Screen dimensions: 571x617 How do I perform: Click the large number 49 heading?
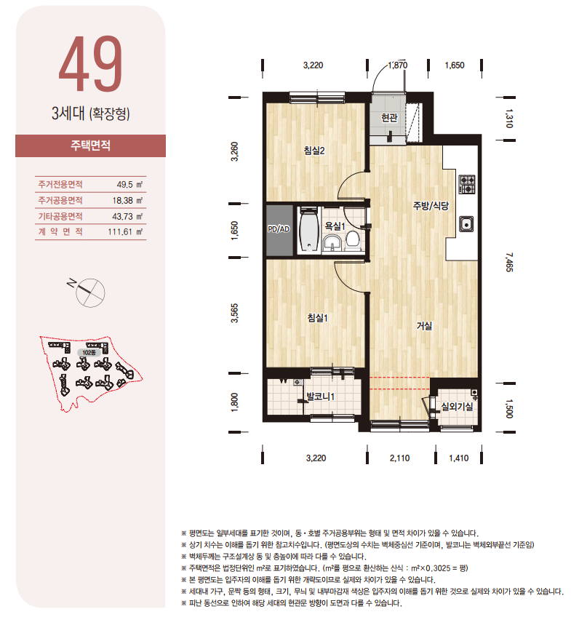[x=91, y=64]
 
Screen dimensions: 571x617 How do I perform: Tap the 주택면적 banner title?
[x=90, y=146]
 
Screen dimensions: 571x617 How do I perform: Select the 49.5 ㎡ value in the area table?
[x=129, y=185]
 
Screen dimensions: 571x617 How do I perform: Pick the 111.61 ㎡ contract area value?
[x=125, y=232]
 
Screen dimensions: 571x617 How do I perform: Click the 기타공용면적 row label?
[x=60, y=216]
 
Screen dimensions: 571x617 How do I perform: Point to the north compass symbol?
[x=89, y=291]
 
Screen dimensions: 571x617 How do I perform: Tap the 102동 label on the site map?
[x=89, y=353]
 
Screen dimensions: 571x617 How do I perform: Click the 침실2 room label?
[x=314, y=151]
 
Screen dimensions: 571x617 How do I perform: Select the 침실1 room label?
[x=317, y=318]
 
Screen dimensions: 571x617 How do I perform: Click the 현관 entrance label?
[x=389, y=118]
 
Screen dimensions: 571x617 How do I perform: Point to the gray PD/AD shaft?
[x=279, y=230]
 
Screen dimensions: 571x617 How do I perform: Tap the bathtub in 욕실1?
[x=308, y=230]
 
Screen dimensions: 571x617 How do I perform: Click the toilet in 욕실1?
[x=352, y=240]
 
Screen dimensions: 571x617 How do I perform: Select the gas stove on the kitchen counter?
[x=467, y=184]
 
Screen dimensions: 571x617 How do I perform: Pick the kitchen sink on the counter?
[x=466, y=224]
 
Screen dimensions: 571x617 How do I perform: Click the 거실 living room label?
[x=424, y=326]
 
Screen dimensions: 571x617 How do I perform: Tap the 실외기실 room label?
[x=457, y=407]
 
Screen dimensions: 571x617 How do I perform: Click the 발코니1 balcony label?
[x=321, y=397]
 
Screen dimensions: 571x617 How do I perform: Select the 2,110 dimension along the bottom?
[x=399, y=458]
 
